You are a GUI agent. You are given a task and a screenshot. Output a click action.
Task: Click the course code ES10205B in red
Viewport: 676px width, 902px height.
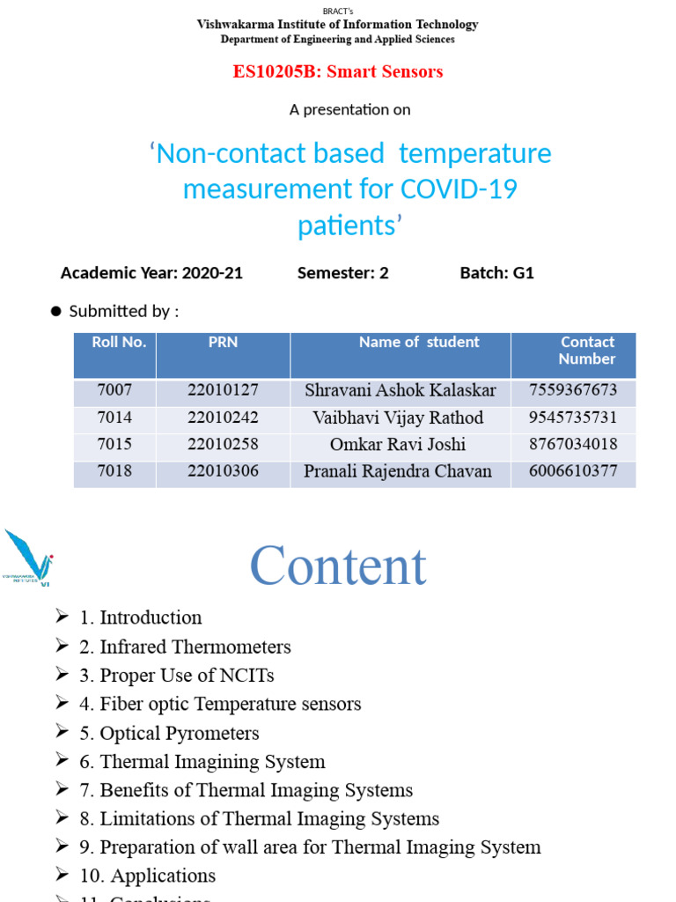(276, 72)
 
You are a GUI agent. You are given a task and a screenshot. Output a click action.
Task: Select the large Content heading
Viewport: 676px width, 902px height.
(338, 566)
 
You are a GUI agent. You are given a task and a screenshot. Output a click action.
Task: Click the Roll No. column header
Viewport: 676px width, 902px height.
(119, 343)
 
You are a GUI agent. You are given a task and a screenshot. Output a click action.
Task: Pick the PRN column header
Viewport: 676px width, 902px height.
(223, 343)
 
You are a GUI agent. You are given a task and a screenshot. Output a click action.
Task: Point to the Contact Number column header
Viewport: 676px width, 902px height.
(587, 351)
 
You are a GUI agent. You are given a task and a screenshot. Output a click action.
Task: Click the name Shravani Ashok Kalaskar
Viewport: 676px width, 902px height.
(400, 390)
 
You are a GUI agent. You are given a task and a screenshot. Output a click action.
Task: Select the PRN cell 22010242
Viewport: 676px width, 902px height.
(223, 418)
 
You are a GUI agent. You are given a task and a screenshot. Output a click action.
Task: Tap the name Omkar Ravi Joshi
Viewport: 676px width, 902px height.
(398, 444)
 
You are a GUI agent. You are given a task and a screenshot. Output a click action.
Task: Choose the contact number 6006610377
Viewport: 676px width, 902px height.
(573, 471)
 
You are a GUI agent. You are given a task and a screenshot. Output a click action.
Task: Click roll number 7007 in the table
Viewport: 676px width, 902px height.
(114, 390)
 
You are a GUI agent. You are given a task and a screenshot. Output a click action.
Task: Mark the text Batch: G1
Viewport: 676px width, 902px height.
(496, 273)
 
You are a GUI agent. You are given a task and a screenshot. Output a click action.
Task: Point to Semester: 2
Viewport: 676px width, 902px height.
(342, 273)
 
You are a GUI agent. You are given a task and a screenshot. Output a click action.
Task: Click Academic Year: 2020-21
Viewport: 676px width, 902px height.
(151, 273)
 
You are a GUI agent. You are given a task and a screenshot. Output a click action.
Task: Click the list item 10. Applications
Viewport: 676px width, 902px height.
(148, 876)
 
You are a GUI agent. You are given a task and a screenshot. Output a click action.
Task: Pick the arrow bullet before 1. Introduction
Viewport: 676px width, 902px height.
(62, 617)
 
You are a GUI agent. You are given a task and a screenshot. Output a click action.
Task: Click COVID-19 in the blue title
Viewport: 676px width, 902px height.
(459, 189)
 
